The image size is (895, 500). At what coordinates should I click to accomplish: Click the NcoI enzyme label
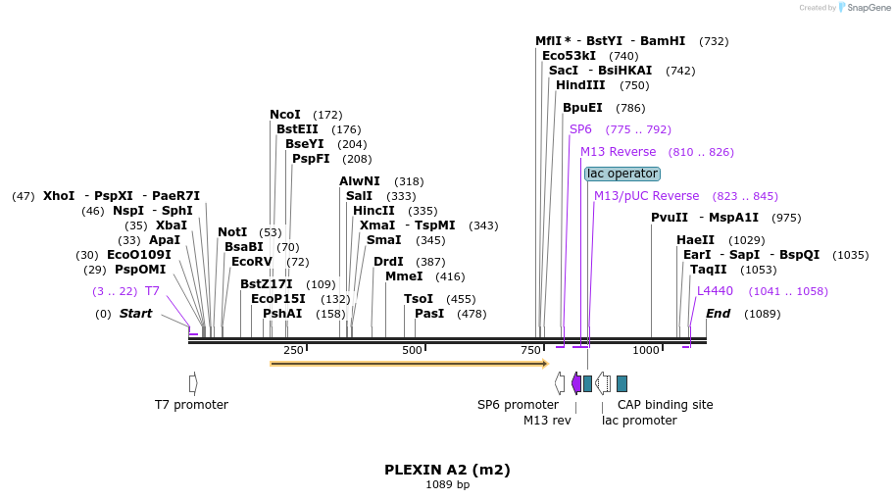click(285, 115)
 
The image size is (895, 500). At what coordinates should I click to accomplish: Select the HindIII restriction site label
click(581, 85)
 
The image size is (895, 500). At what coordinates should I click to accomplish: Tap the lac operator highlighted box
click(622, 174)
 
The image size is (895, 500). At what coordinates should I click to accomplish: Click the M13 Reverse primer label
click(618, 152)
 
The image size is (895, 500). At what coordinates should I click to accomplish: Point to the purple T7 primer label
click(152, 291)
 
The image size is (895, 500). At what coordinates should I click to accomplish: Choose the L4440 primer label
click(715, 291)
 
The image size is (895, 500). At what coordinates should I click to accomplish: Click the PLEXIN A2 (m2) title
click(447, 470)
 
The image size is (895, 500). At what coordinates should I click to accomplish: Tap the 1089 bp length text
click(447, 484)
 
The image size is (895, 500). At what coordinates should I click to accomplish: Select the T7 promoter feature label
click(191, 405)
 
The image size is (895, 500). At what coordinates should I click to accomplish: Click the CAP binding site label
click(665, 405)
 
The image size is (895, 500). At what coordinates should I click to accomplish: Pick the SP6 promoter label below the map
click(518, 405)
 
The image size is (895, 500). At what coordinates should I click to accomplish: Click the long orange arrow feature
click(408, 364)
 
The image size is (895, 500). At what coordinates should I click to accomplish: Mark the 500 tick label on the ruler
click(412, 350)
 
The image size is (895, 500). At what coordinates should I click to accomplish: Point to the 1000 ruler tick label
click(645, 350)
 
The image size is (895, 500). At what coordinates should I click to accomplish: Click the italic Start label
click(136, 314)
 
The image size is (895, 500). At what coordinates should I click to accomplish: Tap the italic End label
click(719, 314)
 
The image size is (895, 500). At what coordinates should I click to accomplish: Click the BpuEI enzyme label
click(582, 108)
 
